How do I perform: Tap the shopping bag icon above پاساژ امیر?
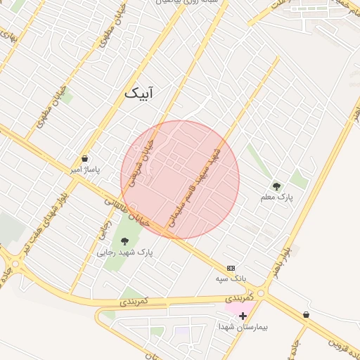point(85,159)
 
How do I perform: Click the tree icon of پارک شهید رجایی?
point(124,241)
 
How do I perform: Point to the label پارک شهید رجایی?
point(124,252)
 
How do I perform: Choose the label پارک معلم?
point(278,198)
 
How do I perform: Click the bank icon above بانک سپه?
point(231,268)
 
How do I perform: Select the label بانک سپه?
point(232,279)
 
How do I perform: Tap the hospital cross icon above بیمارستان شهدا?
point(243,316)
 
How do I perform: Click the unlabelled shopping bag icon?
point(306,315)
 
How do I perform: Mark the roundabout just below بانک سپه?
point(261,292)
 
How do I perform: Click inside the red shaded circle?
point(180,180)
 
